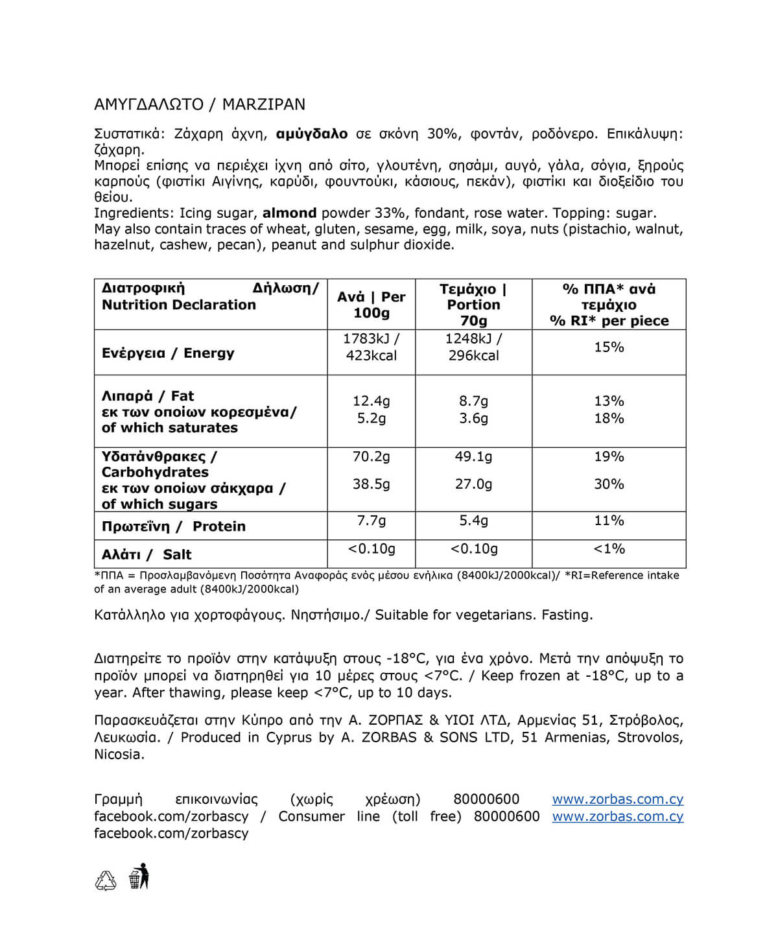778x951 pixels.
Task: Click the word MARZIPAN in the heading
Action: click(263, 104)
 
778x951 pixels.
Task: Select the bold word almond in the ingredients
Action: click(289, 213)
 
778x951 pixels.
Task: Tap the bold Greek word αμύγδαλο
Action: click(312, 134)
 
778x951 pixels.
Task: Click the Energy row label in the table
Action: click(168, 353)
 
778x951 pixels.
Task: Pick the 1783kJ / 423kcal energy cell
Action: click(371, 347)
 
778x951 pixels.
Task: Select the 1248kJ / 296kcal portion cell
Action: click(473, 347)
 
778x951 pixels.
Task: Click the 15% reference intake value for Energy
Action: click(609, 347)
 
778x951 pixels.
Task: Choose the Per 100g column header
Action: click(371, 305)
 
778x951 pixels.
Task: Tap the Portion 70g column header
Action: click(473, 305)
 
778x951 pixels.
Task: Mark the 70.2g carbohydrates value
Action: click(371, 456)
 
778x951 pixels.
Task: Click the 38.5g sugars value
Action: click(371, 484)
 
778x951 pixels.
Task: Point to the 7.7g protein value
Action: click(371, 521)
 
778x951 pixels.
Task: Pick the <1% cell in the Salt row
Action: click(609, 549)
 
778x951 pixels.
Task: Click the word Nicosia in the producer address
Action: click(119, 755)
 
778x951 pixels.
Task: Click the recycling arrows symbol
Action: click(106, 880)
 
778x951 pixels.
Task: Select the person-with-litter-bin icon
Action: click(139, 876)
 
